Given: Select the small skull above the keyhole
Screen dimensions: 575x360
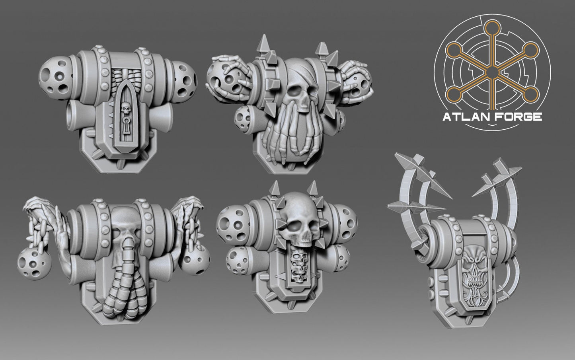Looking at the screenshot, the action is (x=125, y=108).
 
